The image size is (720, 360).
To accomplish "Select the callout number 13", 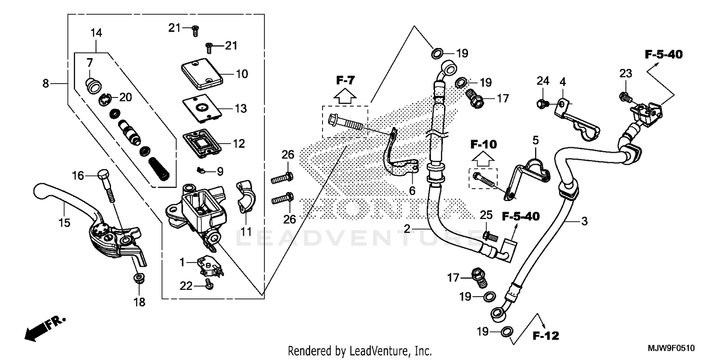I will pyautogui.click(x=241, y=108).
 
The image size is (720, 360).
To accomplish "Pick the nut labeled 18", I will pyautogui.click(x=139, y=278).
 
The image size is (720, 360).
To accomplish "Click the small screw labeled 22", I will pyautogui.click(x=209, y=285).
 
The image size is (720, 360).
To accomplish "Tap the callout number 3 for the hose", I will pyautogui.click(x=584, y=221).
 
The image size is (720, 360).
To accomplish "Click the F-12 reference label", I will pyautogui.click(x=545, y=336).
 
